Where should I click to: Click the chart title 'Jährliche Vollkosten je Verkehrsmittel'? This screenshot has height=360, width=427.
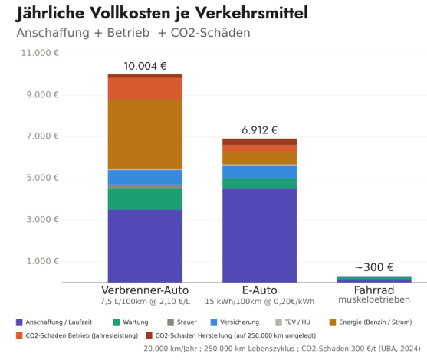(162, 13)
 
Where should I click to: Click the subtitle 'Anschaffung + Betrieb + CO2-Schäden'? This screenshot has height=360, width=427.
(133, 33)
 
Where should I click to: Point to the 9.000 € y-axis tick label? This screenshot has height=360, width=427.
(42, 95)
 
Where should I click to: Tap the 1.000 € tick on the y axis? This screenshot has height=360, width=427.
(42, 261)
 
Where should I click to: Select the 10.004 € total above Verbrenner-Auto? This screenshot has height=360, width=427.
(145, 66)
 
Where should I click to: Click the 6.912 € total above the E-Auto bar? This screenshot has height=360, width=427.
(260, 130)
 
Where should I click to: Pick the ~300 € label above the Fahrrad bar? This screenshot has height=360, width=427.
(374, 267)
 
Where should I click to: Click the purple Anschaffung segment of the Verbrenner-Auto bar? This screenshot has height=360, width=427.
(145, 246)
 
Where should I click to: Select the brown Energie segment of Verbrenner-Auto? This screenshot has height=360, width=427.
(145, 134)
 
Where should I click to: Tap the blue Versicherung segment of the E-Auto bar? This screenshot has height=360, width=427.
(260, 172)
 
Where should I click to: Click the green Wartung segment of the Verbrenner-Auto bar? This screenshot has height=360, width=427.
(145, 199)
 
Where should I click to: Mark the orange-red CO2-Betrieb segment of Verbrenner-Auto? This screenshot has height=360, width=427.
(145, 89)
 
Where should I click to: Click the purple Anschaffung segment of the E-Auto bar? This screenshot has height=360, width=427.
(260, 236)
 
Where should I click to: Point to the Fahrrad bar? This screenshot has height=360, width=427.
(374, 280)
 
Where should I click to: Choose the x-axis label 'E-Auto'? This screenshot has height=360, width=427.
(260, 290)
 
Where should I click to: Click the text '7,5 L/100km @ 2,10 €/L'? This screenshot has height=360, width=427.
(145, 302)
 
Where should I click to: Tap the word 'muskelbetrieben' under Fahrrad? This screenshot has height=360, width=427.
(374, 299)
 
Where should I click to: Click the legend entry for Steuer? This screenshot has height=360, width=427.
(182, 322)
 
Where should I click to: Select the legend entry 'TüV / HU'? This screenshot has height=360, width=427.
(293, 322)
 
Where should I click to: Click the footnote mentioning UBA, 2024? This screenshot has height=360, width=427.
(282, 349)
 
